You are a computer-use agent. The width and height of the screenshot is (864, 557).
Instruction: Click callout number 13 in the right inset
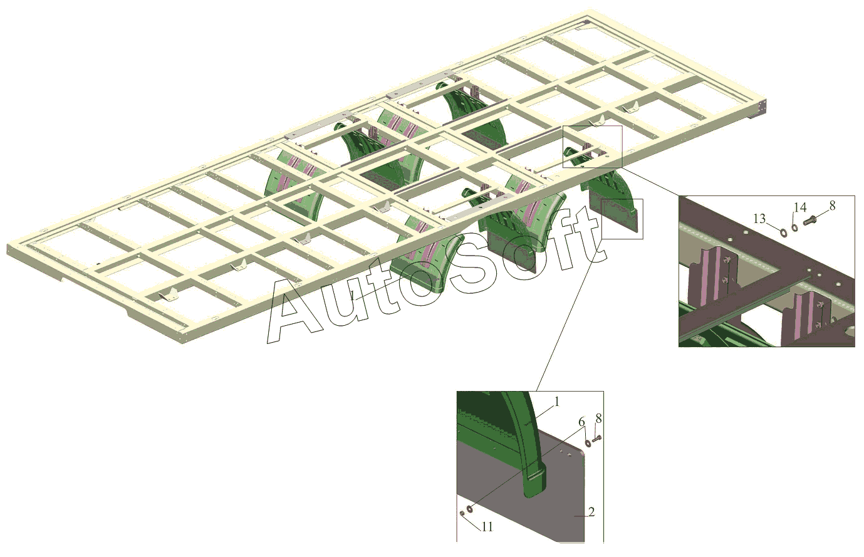(x=759, y=219)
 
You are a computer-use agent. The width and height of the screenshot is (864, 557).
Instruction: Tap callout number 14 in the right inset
(x=800, y=207)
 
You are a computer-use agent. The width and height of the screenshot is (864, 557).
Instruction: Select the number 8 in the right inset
(x=833, y=206)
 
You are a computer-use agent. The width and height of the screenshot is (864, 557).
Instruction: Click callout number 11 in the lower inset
(x=487, y=527)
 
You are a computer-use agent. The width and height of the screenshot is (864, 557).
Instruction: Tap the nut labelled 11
(x=462, y=513)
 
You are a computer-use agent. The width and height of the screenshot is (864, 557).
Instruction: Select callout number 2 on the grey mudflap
(x=591, y=512)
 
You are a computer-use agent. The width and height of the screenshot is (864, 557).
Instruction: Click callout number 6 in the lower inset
(x=581, y=422)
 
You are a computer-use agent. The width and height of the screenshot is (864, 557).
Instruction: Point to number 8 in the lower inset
(x=598, y=418)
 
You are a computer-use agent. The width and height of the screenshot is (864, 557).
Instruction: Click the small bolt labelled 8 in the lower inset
(x=596, y=439)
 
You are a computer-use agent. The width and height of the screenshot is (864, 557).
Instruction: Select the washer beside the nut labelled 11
(x=469, y=509)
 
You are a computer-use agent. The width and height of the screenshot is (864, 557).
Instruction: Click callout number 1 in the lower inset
(x=556, y=402)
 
